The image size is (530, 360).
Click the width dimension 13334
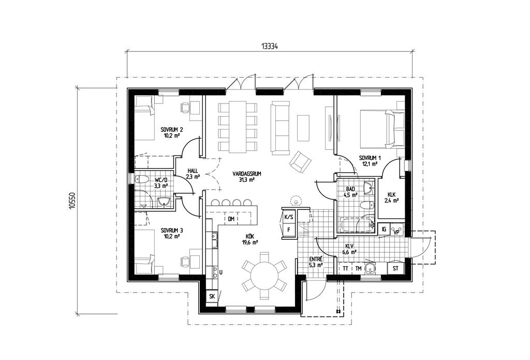269,46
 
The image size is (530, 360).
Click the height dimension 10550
72,202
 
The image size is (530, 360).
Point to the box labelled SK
212,296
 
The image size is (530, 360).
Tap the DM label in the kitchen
231,219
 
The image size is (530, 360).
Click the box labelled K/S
289,217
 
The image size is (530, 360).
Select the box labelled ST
396,268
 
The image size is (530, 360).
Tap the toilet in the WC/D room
140,179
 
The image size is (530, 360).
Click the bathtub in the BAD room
356,225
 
